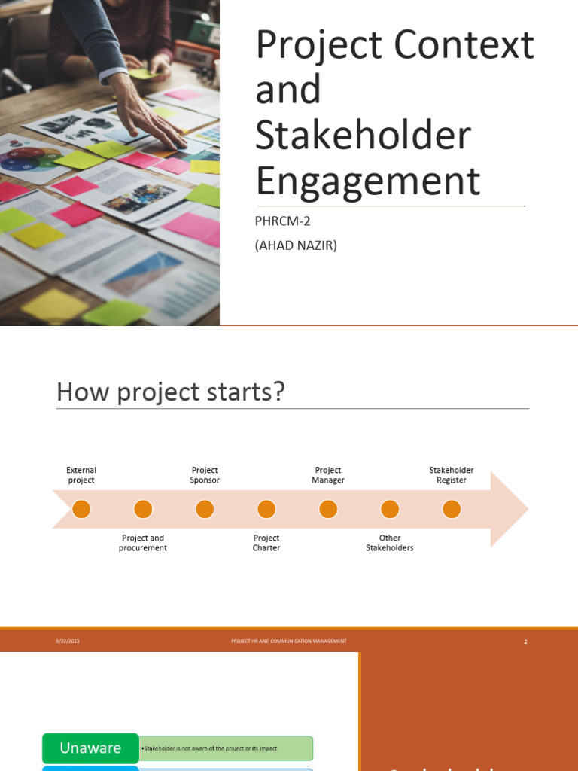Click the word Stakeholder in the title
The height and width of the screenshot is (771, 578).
[363, 136]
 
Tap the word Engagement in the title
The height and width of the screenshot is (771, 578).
[367, 181]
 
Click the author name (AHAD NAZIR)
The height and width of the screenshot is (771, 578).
[297, 245]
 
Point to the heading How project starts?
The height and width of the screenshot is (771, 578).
[170, 392]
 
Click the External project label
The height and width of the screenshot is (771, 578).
[81, 475]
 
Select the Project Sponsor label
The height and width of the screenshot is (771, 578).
[205, 475]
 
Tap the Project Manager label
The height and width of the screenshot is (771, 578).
[328, 475]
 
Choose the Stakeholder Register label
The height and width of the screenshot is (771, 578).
[452, 475]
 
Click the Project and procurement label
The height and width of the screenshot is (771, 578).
[143, 543]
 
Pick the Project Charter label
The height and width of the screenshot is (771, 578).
[266, 543]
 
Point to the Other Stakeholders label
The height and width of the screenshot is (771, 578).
[390, 543]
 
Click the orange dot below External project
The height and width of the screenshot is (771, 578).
[81, 510]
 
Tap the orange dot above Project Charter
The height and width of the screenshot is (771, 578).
[266, 510]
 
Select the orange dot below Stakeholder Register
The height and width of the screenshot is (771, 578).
[452, 510]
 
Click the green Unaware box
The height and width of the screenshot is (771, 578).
[90, 748]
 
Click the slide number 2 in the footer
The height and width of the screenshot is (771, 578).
[525, 641]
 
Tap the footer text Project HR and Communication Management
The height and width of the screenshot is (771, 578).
[289, 641]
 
